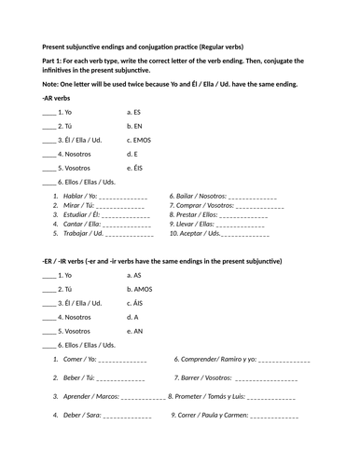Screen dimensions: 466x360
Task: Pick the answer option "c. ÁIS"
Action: pyautogui.click(x=137, y=303)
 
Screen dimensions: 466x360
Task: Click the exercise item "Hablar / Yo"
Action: pyautogui.click(x=74, y=197)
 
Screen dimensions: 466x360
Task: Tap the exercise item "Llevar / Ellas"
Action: pyautogui.click(x=192, y=224)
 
